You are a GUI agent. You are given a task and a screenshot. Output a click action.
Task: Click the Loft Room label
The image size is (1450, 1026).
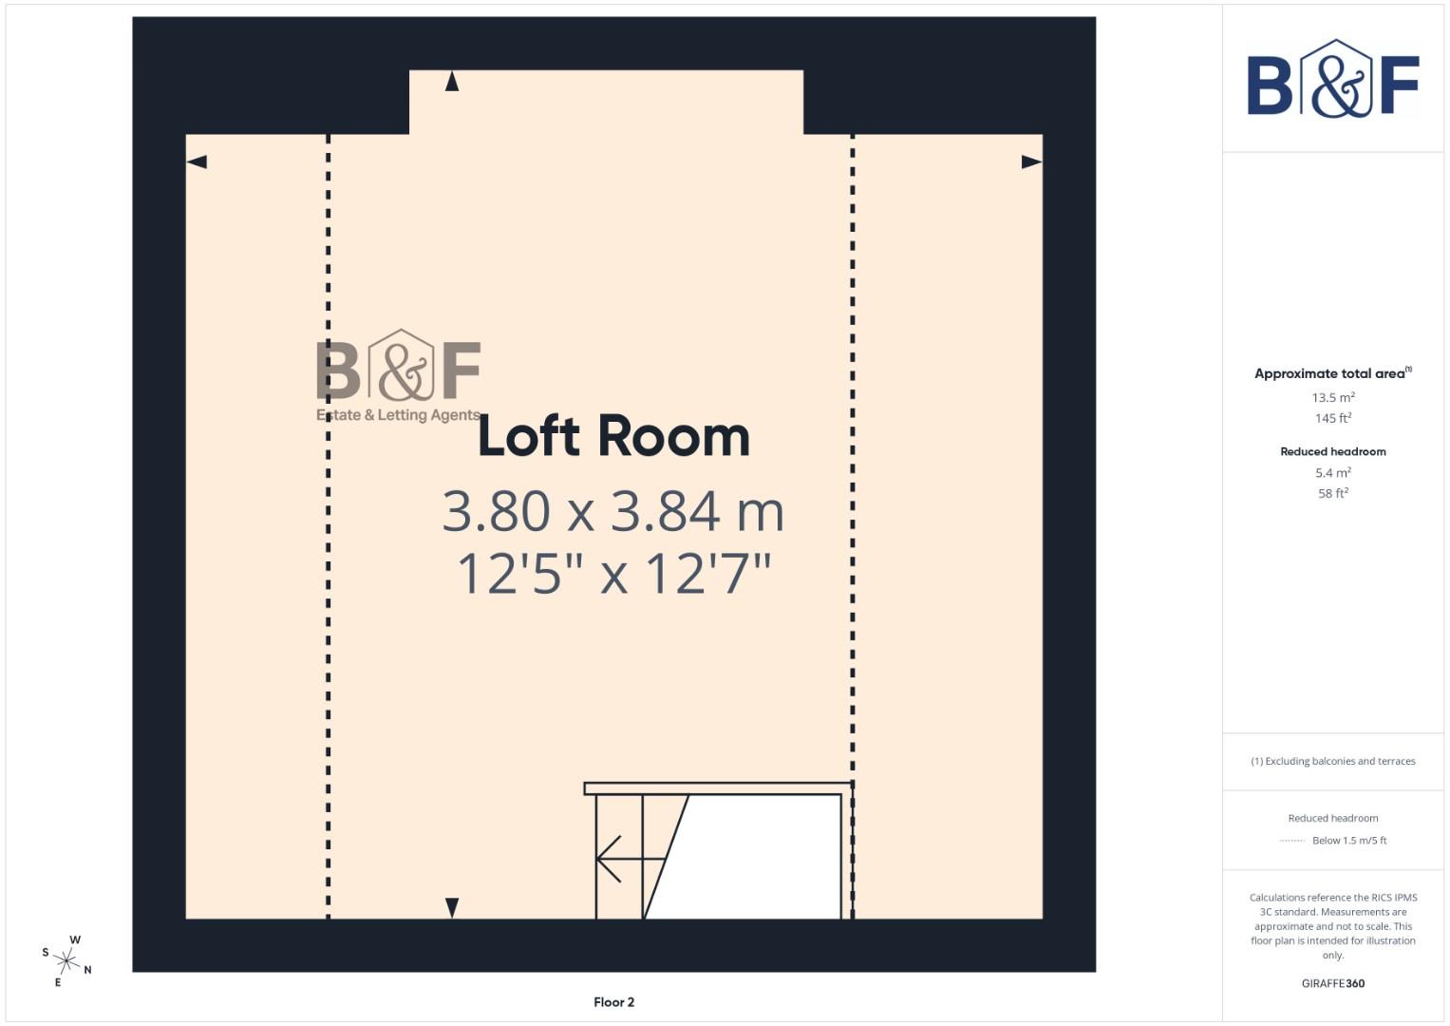coord(613,437)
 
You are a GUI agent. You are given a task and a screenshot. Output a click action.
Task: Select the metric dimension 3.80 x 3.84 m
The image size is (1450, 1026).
coord(613,511)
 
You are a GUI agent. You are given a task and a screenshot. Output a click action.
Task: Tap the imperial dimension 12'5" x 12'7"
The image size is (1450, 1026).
coord(613,574)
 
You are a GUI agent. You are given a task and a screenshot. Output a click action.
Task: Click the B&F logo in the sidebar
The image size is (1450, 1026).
coord(1332,79)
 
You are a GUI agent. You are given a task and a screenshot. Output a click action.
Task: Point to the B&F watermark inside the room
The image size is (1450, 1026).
coord(399,375)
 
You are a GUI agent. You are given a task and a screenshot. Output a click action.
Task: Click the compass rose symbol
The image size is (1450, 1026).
coord(66,960)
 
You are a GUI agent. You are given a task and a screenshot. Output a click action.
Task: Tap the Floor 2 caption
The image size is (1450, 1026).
coord(613,1002)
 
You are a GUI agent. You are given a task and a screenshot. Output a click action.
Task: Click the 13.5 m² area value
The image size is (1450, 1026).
coord(1332,398)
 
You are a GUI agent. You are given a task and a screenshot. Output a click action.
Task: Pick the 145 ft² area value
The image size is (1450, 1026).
coord(1332,418)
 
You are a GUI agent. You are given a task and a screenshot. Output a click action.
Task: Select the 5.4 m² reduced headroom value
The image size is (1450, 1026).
coord(1332,473)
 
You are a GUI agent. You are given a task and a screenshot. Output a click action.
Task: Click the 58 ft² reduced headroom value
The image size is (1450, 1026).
coord(1332,493)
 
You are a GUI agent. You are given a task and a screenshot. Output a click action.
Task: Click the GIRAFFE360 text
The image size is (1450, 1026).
coord(1332,983)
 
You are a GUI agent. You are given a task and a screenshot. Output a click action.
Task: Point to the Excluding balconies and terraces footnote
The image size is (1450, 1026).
coord(1332,761)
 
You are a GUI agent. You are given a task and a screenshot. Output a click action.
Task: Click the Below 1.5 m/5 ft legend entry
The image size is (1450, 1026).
coord(1348,841)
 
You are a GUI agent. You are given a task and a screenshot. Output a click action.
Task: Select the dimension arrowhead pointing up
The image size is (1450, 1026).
coord(452,82)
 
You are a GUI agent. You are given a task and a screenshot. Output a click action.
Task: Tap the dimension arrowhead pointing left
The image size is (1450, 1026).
coord(198,162)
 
